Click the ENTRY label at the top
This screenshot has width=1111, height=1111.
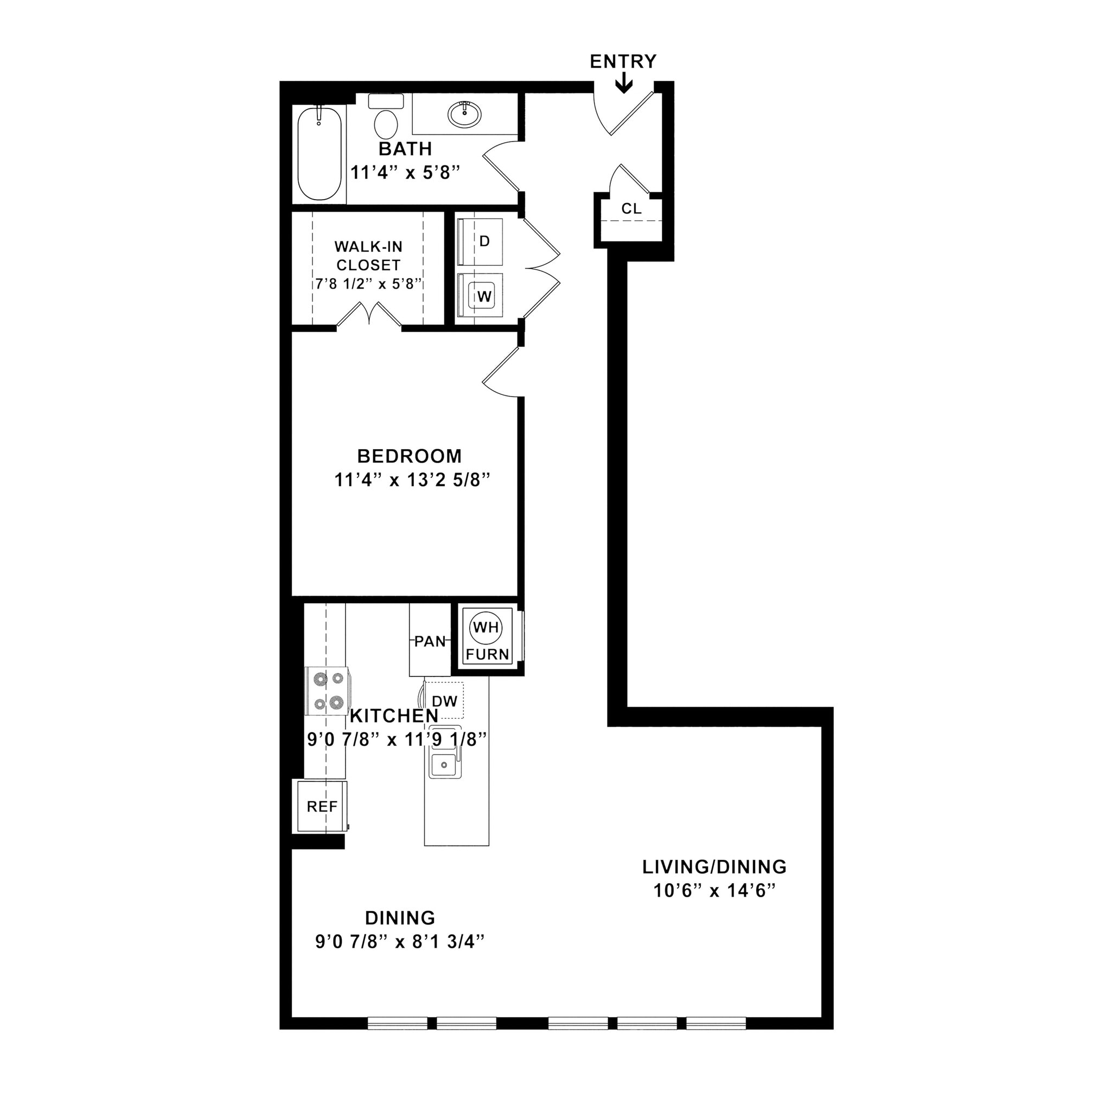click(623, 61)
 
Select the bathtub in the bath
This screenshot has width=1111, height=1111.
click(319, 154)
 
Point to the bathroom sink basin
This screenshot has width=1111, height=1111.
click(465, 115)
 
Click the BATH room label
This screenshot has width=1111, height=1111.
click(405, 149)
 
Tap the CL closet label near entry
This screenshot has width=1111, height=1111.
click(631, 209)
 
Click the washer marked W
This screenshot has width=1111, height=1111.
click(482, 296)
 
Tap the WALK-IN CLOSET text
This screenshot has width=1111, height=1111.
click(368, 256)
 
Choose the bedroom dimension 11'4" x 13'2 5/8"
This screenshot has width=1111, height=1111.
click(412, 480)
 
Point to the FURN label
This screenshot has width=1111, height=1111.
click(487, 654)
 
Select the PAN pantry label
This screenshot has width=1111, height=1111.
click(430, 641)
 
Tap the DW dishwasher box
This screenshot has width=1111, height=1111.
click(444, 700)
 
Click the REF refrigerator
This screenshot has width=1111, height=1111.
click(322, 807)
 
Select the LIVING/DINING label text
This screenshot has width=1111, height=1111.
click(714, 866)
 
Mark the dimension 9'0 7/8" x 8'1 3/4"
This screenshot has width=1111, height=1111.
click(400, 942)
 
